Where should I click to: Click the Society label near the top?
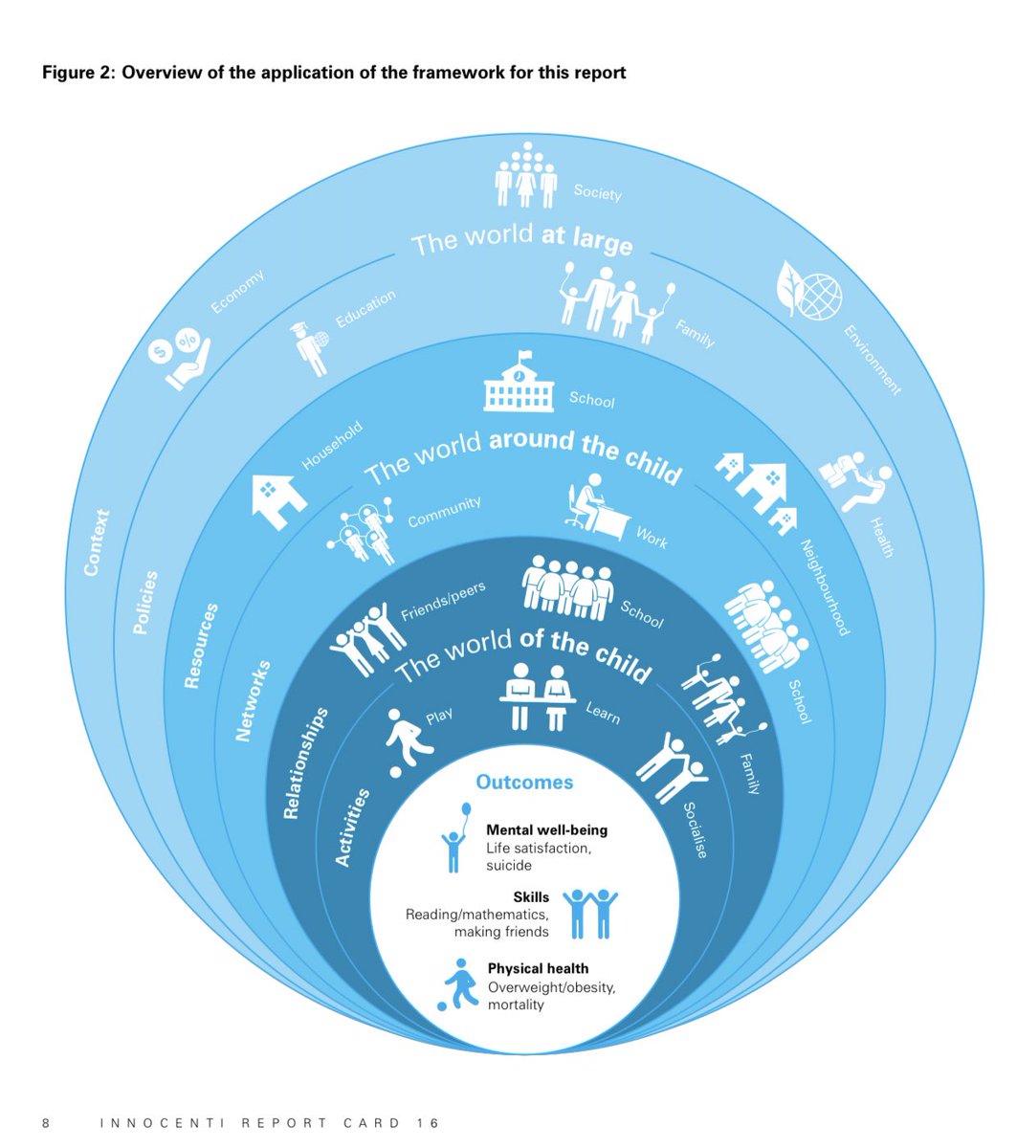point(597,191)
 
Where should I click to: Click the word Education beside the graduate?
point(365,310)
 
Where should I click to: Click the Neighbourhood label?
point(824,586)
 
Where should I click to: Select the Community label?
point(444,512)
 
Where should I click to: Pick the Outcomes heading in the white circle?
point(524,782)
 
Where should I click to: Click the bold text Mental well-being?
point(546,829)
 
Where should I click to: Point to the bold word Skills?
point(531,897)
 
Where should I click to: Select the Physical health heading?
point(538,968)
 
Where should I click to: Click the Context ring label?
point(96,542)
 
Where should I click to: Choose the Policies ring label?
point(144,604)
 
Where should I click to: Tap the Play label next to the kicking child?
point(439,716)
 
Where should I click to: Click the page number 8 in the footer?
point(46,1122)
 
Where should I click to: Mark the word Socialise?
point(695,828)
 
